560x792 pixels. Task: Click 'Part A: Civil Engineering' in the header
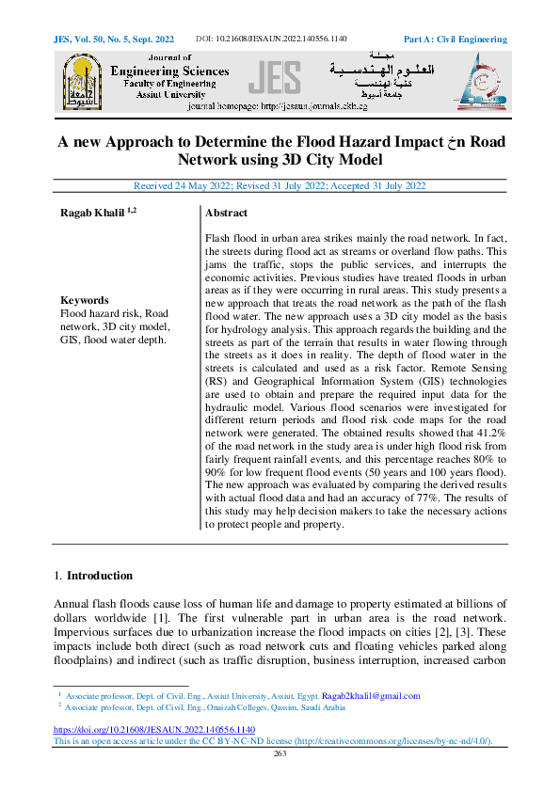click(455, 40)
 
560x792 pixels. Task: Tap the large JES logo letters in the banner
click(275, 79)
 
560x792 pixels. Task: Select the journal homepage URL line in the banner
click(278, 106)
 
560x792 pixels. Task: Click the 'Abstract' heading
click(226, 214)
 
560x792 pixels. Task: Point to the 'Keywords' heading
click(84, 300)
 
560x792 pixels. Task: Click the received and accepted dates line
click(280, 185)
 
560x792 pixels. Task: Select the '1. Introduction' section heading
click(93, 575)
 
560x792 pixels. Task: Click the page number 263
click(280, 753)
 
